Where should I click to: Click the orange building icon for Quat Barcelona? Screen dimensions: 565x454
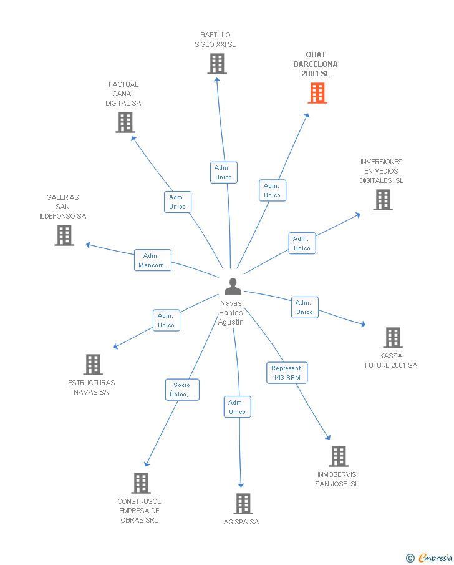point(317,93)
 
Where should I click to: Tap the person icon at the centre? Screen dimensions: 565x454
point(233,287)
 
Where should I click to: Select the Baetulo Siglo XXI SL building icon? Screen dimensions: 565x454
point(216,64)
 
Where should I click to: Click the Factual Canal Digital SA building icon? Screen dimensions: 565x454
point(125,122)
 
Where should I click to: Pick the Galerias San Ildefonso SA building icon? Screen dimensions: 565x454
point(64,235)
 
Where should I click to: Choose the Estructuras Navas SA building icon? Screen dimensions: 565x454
point(92,365)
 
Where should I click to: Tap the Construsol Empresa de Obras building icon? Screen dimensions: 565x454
point(140,483)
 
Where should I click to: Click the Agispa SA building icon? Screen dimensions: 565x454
point(243,504)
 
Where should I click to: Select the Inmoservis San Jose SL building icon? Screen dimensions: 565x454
point(338,456)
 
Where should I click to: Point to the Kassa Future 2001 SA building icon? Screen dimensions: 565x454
point(392,338)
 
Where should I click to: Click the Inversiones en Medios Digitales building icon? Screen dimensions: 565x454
point(382,200)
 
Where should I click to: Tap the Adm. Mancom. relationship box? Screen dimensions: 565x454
point(152,260)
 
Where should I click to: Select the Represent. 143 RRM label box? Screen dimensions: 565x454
point(286,373)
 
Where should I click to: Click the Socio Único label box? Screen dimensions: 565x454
point(182,390)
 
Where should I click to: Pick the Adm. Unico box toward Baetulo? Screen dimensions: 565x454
point(223,172)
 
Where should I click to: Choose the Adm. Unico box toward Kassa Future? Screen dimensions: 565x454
point(304,307)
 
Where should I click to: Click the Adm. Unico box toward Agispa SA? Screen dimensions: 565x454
point(237,407)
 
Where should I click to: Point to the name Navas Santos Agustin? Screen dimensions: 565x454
point(231,312)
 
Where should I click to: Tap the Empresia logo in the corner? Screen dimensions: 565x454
point(430,558)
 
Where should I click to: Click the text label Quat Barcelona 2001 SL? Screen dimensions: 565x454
point(316,64)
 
